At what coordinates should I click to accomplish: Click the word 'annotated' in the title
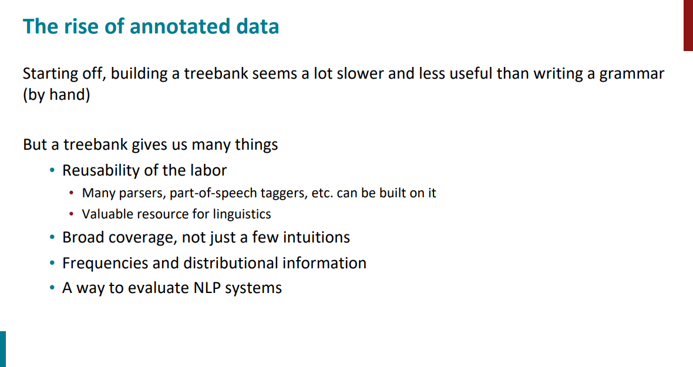click(180, 26)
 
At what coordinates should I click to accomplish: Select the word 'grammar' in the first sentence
click(631, 74)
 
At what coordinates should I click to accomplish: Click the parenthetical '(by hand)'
click(56, 95)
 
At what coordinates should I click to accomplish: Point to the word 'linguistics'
click(242, 214)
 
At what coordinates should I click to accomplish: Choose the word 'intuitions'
click(317, 238)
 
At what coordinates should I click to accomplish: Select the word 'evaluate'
click(158, 288)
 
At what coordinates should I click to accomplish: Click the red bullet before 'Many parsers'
click(72, 193)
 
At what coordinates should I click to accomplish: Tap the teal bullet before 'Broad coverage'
click(52, 238)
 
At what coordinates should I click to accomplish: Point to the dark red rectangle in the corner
click(688, 25)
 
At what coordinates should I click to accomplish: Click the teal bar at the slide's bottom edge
click(3, 349)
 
